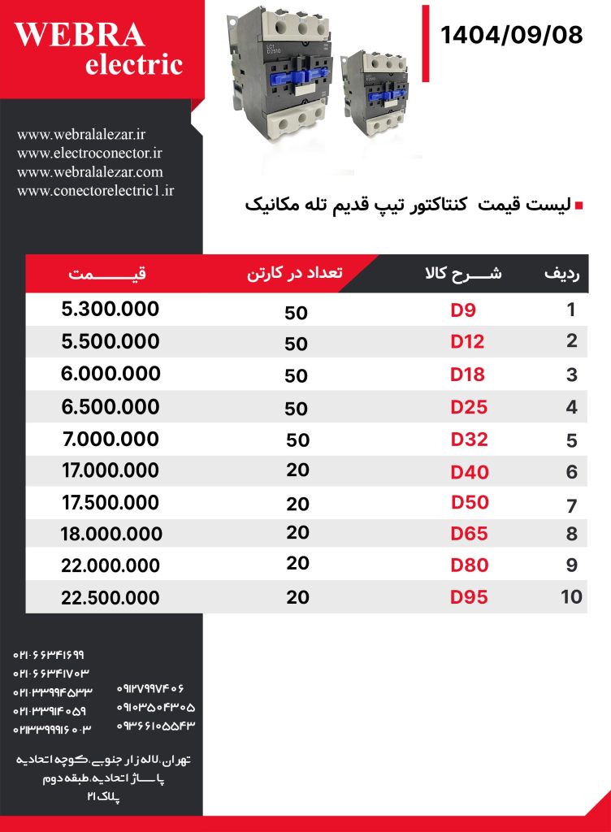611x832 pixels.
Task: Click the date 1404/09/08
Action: click(x=511, y=36)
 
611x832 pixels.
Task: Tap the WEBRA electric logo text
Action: click(x=100, y=48)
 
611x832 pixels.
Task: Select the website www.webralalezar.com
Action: click(x=90, y=171)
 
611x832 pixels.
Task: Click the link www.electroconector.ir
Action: click(x=90, y=152)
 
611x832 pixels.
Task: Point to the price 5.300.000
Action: click(x=110, y=310)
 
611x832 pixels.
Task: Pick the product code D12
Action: click(x=467, y=342)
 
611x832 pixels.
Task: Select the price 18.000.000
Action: click(x=111, y=534)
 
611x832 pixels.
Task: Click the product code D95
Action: click(x=469, y=598)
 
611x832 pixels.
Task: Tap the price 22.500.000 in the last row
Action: click(x=110, y=598)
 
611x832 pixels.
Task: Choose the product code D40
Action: click(x=469, y=471)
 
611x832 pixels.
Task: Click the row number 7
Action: click(x=571, y=506)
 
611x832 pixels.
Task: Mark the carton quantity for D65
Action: click(x=298, y=533)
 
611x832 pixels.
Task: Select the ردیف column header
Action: click(x=561, y=274)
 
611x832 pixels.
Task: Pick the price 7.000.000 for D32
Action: click(x=110, y=439)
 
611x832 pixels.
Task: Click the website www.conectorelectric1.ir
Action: click(x=96, y=191)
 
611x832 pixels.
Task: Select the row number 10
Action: click(x=571, y=598)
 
